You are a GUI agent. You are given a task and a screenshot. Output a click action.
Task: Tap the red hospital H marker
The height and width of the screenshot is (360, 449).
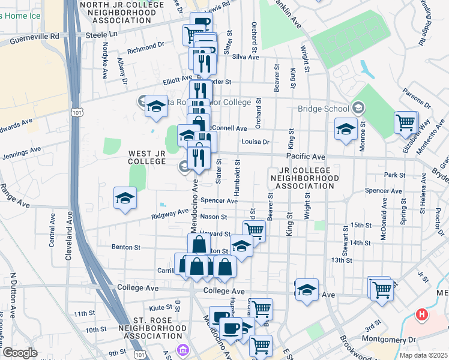(x=423, y=314)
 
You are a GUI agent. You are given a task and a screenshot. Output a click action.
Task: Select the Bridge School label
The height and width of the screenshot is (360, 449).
(x=324, y=109)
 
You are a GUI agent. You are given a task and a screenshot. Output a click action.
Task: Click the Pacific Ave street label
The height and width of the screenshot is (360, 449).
(x=305, y=157)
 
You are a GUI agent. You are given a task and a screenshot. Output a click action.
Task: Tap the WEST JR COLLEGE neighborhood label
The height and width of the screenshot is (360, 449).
(x=146, y=158)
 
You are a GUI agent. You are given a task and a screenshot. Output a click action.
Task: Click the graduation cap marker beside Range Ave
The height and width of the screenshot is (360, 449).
(x=124, y=198)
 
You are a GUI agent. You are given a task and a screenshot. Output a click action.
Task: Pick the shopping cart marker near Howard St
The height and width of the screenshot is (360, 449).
(x=255, y=229)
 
